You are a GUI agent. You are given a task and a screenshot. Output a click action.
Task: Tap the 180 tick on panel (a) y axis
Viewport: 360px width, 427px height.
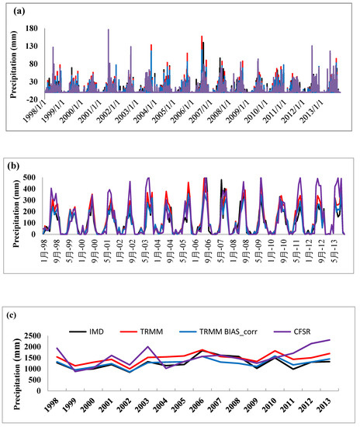pyautogui.click(x=33, y=30)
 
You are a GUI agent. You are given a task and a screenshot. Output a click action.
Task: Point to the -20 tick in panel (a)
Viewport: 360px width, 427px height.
pyautogui.click(x=33, y=99)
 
